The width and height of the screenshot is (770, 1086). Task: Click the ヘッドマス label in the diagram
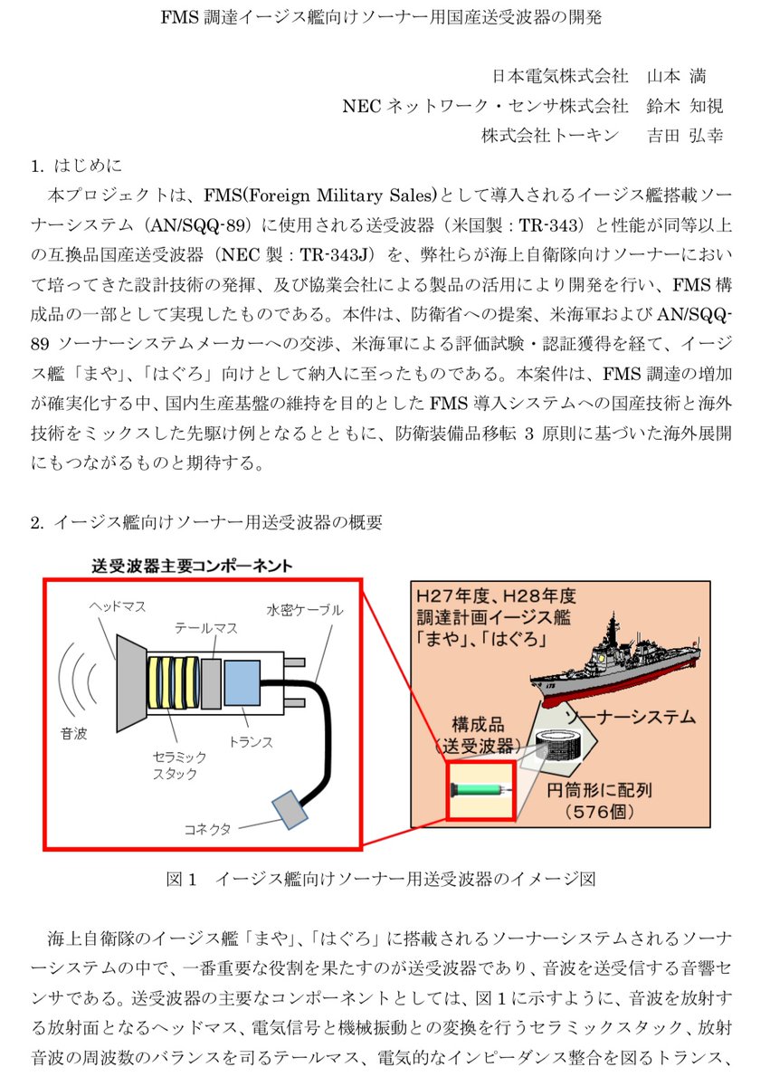pos(118,607)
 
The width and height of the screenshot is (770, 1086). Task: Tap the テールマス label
pos(206,628)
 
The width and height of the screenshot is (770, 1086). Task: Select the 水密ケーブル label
pos(305,610)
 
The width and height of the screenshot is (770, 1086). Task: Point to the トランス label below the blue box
pos(251,742)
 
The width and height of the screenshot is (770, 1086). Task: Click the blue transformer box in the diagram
pos(242,683)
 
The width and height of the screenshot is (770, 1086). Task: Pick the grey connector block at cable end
pos(290,810)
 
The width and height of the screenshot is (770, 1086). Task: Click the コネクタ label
pos(207,830)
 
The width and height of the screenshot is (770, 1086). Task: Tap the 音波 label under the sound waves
pos(74,734)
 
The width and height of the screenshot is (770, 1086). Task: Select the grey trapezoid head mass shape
pos(131,683)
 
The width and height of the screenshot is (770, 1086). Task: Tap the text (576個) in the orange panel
pos(599,811)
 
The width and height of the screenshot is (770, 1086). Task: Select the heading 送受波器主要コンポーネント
pos(192,566)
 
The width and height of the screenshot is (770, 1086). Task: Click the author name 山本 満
pos(677,76)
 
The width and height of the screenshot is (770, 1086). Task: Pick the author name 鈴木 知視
pos(685,106)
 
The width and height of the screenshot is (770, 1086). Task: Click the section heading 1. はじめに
pos(77,166)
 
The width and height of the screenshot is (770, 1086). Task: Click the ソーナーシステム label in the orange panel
pos(631,717)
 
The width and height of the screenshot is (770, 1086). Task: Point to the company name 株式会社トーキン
pos(550,135)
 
